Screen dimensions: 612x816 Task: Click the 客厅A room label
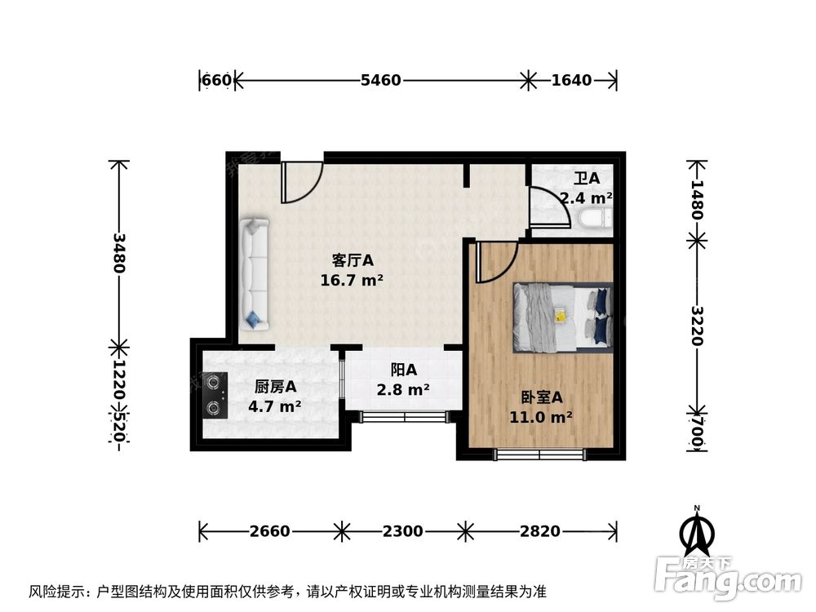pyautogui.click(x=353, y=261)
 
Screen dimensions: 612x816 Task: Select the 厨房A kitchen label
pyautogui.click(x=275, y=387)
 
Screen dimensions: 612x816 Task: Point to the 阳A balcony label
pyautogui.click(x=403, y=370)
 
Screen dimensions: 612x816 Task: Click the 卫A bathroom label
pyautogui.click(x=586, y=178)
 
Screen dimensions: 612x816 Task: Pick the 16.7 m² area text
pyautogui.click(x=353, y=281)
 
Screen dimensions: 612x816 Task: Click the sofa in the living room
pyautogui.click(x=254, y=274)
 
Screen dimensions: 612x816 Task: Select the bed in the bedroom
pyautogui.click(x=562, y=315)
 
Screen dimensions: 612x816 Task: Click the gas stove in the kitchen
pyautogui.click(x=215, y=394)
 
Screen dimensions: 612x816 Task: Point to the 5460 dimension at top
pyautogui.click(x=381, y=80)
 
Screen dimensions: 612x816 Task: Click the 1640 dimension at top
pyautogui.click(x=571, y=80)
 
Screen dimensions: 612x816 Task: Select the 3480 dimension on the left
pyautogui.click(x=119, y=253)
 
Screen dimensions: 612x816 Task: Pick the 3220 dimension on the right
pyautogui.click(x=696, y=326)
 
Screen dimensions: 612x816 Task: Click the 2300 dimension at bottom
pyautogui.click(x=403, y=531)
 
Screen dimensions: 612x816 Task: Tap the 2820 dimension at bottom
pyautogui.click(x=540, y=531)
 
